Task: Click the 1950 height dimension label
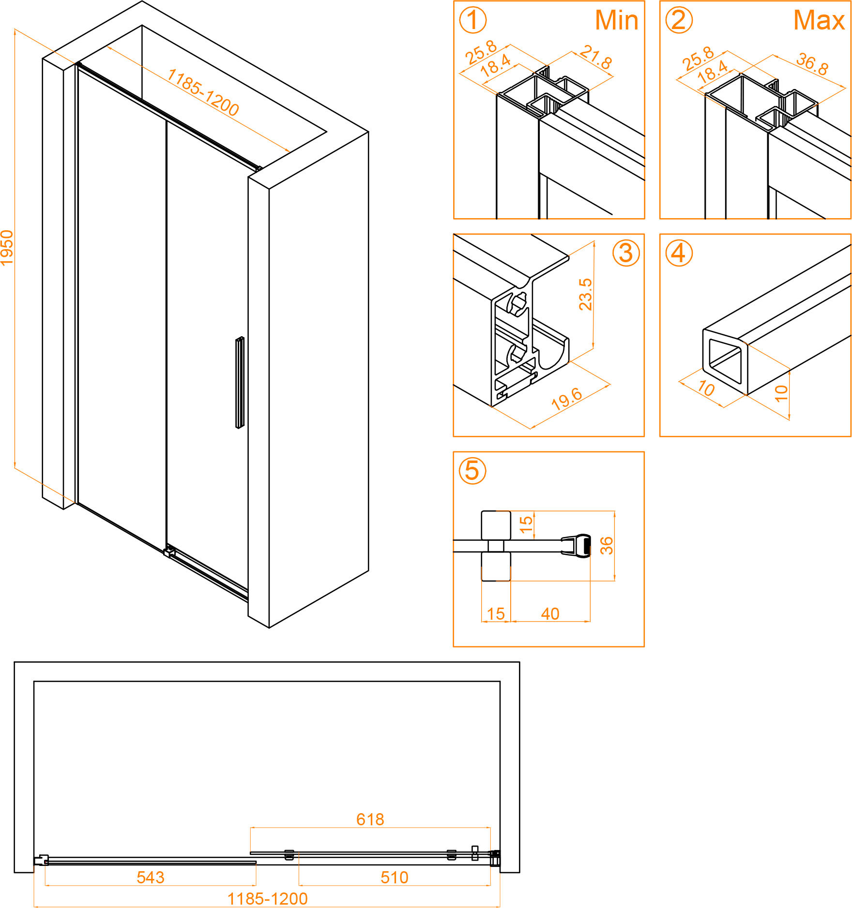[7, 248]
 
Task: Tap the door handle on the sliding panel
[240, 382]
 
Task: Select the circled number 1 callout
[472, 20]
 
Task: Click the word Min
[617, 20]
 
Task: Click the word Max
[819, 20]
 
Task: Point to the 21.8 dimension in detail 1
[596, 57]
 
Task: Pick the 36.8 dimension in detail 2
[812, 63]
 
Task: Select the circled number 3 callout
[626, 253]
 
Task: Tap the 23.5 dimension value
[585, 294]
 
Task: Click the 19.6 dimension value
[567, 399]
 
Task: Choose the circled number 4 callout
[679, 253]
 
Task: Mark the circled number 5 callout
[472, 471]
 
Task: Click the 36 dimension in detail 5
[606, 545]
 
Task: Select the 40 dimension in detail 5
[550, 614]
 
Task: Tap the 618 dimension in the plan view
[370, 819]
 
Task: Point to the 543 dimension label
[151, 878]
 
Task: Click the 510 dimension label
[395, 878]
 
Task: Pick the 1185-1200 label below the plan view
[268, 899]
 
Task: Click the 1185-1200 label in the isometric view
[203, 92]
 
